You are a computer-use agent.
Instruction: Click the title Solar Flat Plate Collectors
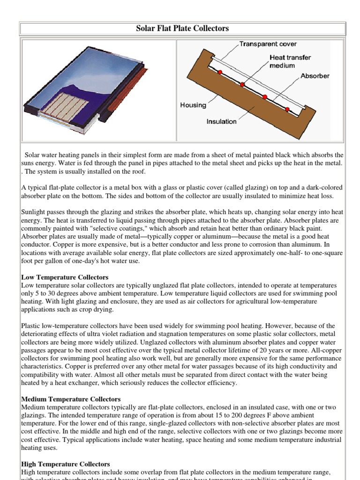(182, 29)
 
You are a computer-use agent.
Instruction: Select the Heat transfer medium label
(290, 61)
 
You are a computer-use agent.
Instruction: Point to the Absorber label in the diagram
(315, 75)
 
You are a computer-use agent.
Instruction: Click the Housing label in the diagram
(193, 105)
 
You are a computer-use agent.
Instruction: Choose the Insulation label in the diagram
(222, 121)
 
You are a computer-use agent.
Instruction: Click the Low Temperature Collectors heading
(65, 277)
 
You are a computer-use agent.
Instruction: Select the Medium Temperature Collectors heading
(71, 399)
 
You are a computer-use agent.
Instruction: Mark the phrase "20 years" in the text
(273, 343)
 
